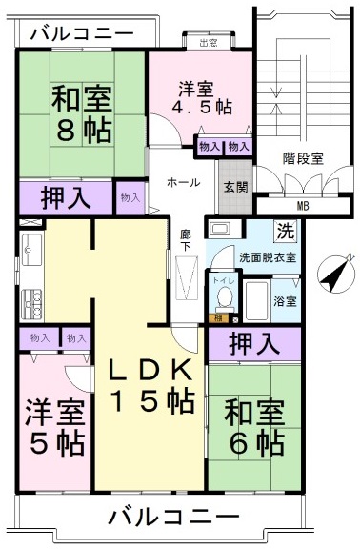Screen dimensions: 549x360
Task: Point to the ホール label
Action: coord(184,181)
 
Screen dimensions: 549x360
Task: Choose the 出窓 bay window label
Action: coord(207,42)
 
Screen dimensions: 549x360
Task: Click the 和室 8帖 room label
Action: coord(83,112)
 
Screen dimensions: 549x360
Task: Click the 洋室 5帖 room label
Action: coord(55,427)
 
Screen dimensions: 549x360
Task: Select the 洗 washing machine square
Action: coord(284,230)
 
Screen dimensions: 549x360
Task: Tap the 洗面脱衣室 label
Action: coord(267,257)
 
